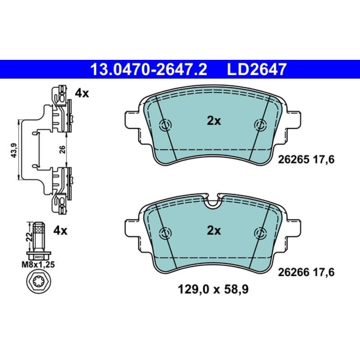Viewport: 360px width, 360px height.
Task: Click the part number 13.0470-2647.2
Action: [148, 69]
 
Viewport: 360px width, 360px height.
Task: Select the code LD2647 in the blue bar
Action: [257, 69]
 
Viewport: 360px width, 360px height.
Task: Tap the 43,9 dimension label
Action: [14, 150]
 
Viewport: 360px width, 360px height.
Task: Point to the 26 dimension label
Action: [62, 149]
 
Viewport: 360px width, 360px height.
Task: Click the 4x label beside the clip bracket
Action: [82, 94]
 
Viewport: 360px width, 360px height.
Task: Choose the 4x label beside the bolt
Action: [60, 230]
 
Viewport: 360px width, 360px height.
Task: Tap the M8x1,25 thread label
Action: [38, 265]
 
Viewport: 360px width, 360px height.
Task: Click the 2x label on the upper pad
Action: [214, 121]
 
